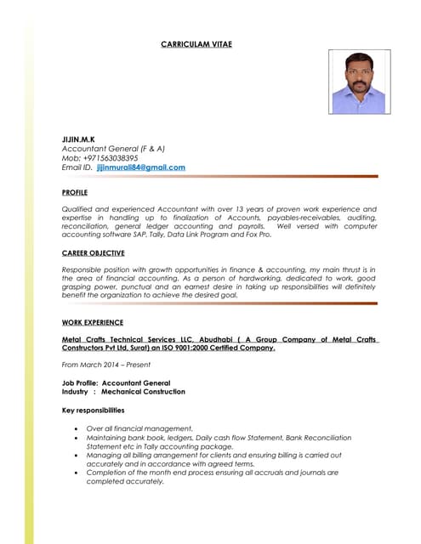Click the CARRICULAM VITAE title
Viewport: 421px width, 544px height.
[196, 43]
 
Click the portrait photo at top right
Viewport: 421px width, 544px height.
[360, 82]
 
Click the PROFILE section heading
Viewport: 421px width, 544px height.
[75, 193]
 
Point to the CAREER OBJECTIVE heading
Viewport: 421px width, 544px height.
[94, 253]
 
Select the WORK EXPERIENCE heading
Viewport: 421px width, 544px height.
[93, 322]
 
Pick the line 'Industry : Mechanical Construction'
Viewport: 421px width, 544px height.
[123, 392]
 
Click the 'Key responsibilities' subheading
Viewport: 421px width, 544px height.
[100, 411]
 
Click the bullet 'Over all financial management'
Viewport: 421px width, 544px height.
[140, 428]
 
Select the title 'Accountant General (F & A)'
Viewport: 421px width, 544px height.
[113, 147]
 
